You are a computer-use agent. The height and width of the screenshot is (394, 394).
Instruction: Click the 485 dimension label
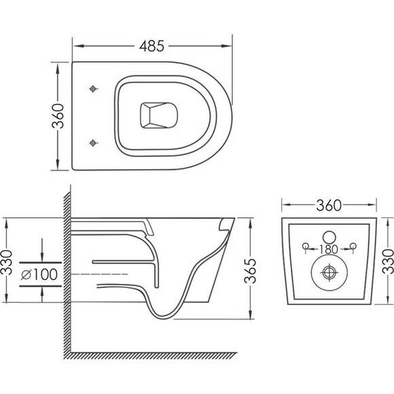[x=151, y=46]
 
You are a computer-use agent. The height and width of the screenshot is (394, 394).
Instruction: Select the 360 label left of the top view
[x=58, y=116]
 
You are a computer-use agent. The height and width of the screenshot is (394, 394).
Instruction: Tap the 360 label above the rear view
[x=329, y=205]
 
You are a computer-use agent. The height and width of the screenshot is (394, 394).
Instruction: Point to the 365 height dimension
[x=250, y=271]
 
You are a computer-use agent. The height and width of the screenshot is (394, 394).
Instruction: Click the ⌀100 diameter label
[x=39, y=274]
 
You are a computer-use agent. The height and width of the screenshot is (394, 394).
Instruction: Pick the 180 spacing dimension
[x=329, y=249]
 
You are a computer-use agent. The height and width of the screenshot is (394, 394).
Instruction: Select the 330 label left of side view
[x=7, y=262]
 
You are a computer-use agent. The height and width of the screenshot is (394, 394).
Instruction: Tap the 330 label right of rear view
[x=388, y=262]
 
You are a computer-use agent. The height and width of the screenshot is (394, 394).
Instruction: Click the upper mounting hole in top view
[x=93, y=89]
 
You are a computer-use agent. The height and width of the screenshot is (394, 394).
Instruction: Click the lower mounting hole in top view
[x=93, y=143]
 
